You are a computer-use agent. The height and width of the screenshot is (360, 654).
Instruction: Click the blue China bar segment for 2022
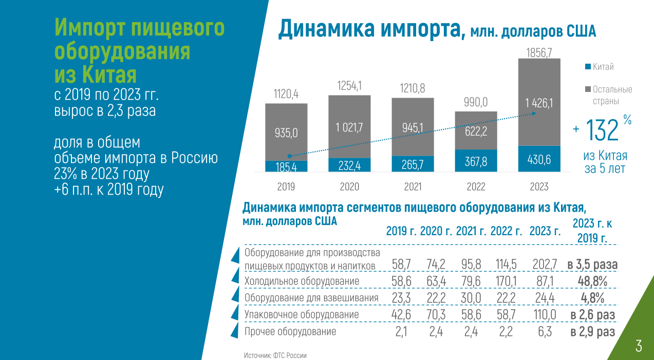tap(476, 160)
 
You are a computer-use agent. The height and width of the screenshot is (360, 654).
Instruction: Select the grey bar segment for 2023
tap(539, 103)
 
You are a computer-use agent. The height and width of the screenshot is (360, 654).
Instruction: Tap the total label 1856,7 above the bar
tap(539, 52)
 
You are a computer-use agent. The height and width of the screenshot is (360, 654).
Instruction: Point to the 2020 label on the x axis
tap(349, 187)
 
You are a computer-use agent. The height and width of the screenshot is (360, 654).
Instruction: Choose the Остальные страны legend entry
tap(612, 95)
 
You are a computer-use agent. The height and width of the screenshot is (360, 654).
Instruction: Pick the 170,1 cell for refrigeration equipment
tap(506, 281)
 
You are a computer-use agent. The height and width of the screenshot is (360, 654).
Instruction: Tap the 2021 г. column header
tap(471, 231)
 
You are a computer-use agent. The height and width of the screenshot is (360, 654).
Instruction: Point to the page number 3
tap(639, 346)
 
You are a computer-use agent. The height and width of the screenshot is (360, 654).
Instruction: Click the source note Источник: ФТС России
tap(275, 355)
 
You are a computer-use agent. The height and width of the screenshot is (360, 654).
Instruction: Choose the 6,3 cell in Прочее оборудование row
tap(545, 331)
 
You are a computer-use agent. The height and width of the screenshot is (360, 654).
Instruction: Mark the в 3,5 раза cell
tap(592, 265)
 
